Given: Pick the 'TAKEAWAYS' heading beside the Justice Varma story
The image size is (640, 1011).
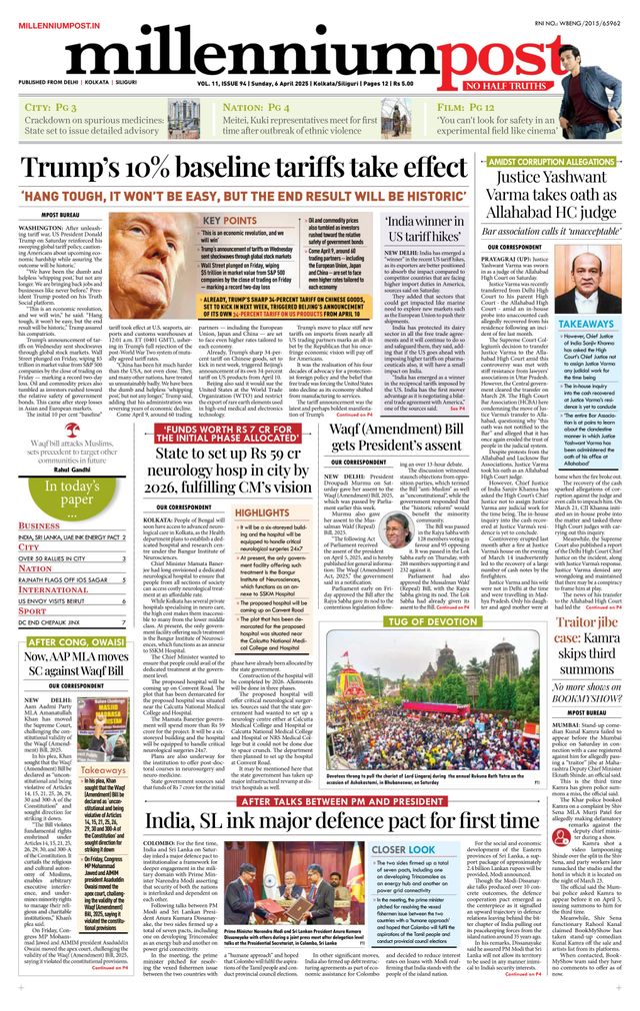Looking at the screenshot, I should (x=586, y=325).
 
